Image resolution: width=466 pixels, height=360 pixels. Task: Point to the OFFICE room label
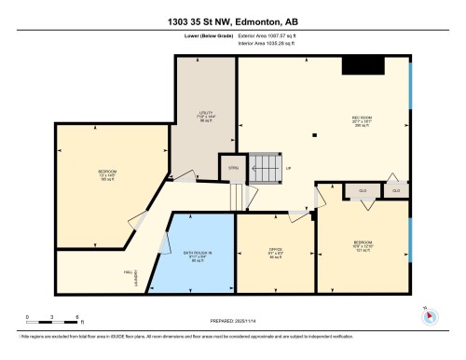pos(276,251)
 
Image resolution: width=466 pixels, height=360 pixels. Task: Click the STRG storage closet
pos(234,169)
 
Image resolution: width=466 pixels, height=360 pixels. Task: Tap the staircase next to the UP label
pos(267,169)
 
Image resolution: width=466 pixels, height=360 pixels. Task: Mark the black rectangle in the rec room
pos(363,65)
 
